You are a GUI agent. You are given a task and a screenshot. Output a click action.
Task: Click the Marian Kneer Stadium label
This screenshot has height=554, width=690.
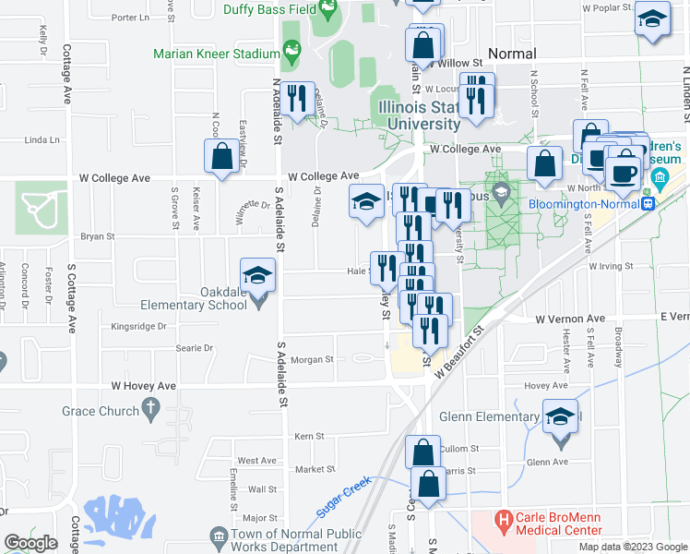[217, 54]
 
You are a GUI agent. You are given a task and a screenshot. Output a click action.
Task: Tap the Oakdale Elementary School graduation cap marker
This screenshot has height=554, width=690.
[257, 273]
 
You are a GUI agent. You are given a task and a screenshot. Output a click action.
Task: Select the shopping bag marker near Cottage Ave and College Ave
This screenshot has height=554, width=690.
[222, 156]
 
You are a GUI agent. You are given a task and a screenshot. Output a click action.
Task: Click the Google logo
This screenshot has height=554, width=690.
[31, 543]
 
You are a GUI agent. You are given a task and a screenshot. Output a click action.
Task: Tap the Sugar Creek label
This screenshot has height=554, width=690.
[343, 496]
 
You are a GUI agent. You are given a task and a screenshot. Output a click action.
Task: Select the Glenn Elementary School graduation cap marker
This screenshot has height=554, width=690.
[561, 416]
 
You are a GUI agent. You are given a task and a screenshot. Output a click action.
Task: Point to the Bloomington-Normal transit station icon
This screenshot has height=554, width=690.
[648, 202]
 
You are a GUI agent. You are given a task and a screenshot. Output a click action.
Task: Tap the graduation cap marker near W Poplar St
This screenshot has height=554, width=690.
[652, 20]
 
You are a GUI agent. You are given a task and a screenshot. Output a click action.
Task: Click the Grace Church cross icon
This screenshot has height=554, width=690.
[151, 406]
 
